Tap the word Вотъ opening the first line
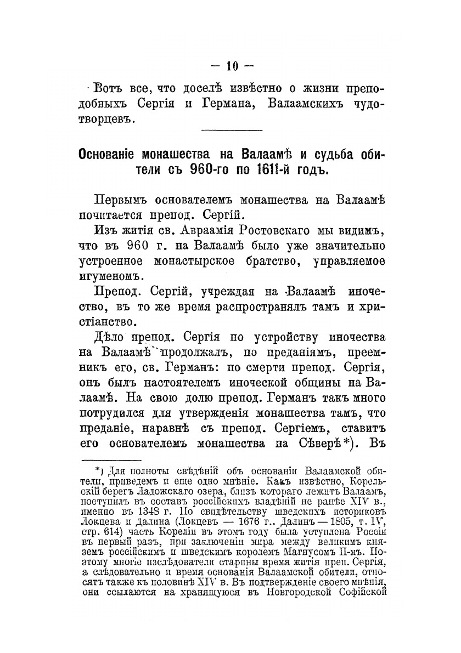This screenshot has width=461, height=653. tap(110, 88)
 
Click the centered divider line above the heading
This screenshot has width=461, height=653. tap(233, 130)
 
